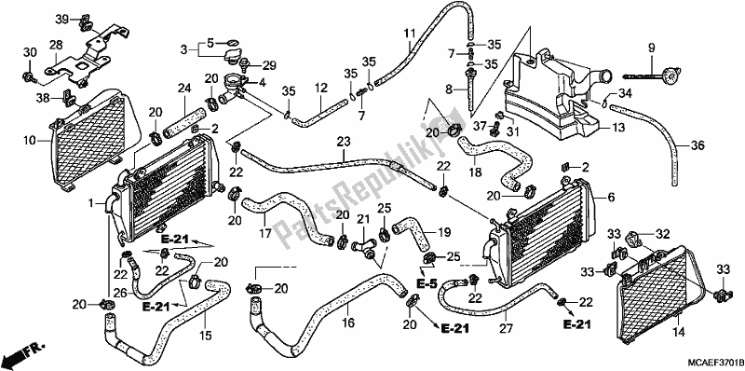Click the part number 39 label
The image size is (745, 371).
click(x=61, y=19)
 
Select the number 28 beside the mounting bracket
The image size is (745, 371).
click(x=56, y=45)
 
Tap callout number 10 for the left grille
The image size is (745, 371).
click(x=29, y=141)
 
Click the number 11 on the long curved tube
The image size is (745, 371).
click(x=410, y=34)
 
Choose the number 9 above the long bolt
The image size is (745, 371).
click(x=651, y=48)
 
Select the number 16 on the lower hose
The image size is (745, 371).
click(x=348, y=323)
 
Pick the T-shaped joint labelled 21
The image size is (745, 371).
click(x=364, y=247)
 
